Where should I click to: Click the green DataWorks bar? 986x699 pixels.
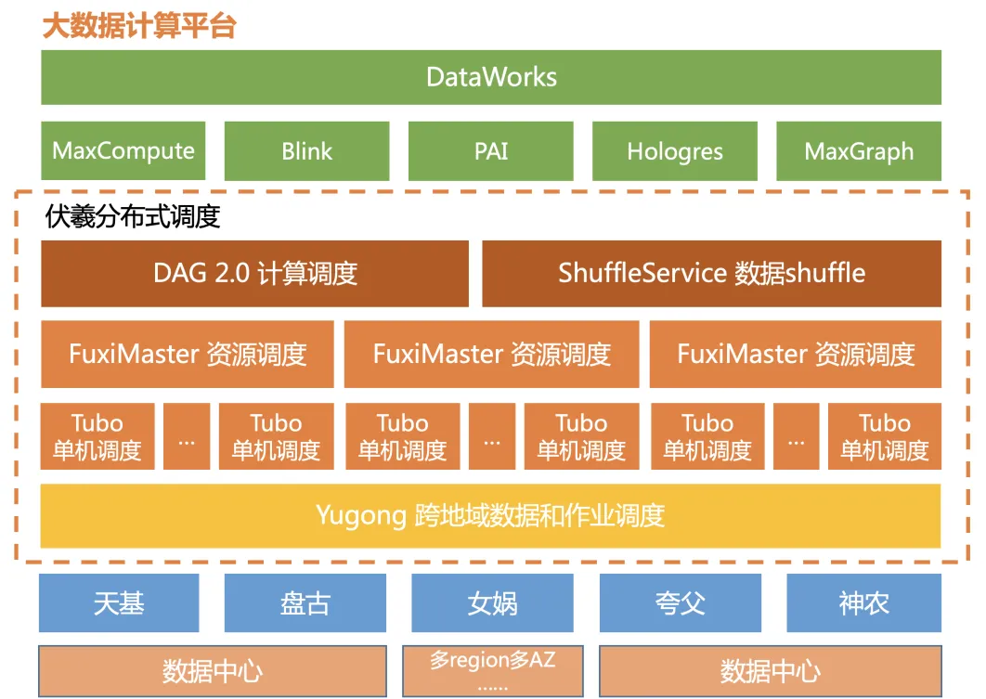pyautogui.click(x=491, y=77)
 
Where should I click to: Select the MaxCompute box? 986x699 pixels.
pyautogui.click(x=123, y=151)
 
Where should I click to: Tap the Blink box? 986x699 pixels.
pyautogui.click(x=307, y=151)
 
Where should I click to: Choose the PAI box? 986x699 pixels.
pyautogui.click(x=491, y=151)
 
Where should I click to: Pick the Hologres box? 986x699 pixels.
pyautogui.click(x=675, y=151)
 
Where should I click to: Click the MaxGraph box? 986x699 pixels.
pyautogui.click(x=859, y=151)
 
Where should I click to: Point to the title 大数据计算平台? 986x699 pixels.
pyautogui.click(x=139, y=26)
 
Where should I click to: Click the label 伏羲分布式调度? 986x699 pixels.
pyautogui.click(x=133, y=216)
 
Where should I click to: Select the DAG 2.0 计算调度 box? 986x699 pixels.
pyautogui.click(x=254, y=274)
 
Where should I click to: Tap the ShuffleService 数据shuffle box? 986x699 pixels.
pyautogui.click(x=712, y=274)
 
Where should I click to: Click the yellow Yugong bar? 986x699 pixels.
pyautogui.click(x=490, y=515)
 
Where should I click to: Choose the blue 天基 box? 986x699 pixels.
pyautogui.click(x=119, y=602)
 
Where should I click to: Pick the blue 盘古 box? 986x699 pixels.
pyautogui.click(x=305, y=602)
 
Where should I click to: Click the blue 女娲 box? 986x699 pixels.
pyautogui.click(x=492, y=602)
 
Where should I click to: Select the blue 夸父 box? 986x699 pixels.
pyautogui.click(x=681, y=602)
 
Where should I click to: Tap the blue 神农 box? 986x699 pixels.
pyautogui.click(x=864, y=602)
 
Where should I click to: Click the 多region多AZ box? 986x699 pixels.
pyautogui.click(x=493, y=671)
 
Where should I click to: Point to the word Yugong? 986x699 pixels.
pyautogui.click(x=361, y=516)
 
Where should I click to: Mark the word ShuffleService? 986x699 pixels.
pyautogui.click(x=642, y=274)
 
